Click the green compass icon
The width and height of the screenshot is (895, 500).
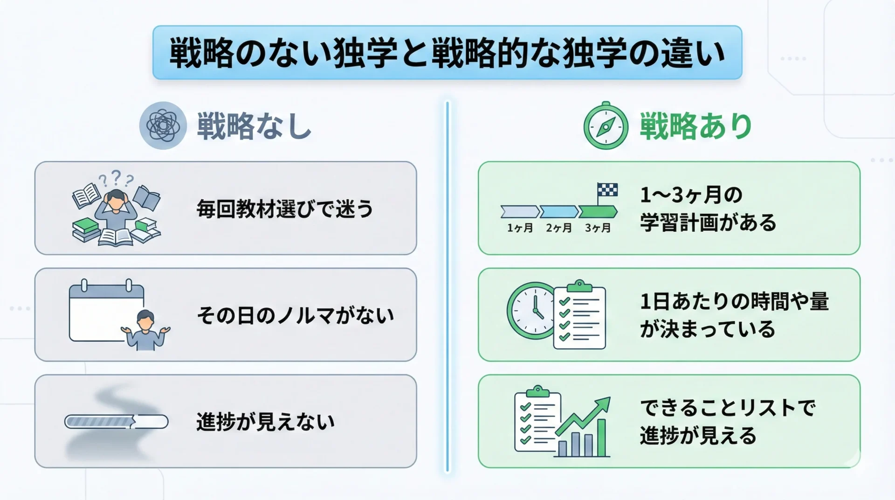pos(606,126)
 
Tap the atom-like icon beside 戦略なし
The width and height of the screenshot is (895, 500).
pos(163,125)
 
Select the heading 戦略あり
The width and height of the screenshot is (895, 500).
pos(696,126)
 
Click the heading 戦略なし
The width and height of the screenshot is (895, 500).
pos(254,126)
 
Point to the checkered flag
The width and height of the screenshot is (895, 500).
pos(607,190)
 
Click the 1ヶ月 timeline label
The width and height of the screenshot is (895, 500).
pos(520,228)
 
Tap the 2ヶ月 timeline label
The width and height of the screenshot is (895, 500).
pos(558,228)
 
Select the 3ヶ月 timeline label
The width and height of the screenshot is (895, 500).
pos(598,228)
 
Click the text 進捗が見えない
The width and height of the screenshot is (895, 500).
pos(265,422)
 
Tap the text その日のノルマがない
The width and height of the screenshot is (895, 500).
pos(295,315)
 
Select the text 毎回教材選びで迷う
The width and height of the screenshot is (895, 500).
pos(285,208)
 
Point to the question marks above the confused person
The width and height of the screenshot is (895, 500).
pos(116,178)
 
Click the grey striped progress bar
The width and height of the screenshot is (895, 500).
pos(116,422)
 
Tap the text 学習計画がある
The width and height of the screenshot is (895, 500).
pos(708,222)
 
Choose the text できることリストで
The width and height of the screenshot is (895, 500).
pos(727,408)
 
